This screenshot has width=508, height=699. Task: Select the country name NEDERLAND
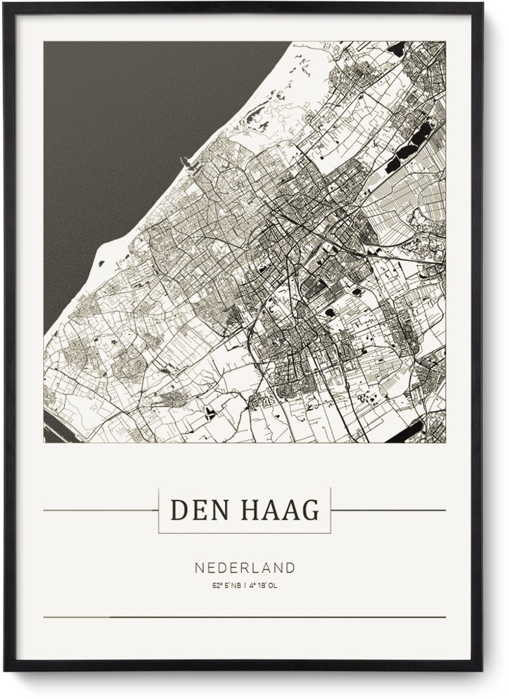click(245, 567)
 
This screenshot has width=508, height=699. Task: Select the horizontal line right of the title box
click(388, 510)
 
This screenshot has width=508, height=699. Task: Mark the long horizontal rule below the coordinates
click(245, 617)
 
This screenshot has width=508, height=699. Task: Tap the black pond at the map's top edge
click(397, 49)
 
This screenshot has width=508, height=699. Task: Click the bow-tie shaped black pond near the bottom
click(209, 414)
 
